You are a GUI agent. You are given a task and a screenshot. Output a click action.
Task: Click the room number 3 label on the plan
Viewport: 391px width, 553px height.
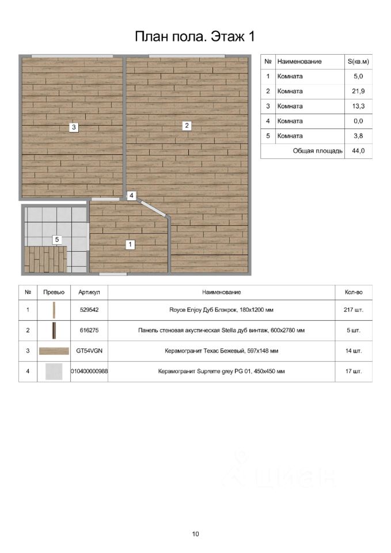(x=74, y=127)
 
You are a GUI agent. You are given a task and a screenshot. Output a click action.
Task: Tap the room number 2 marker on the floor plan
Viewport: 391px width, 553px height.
(x=187, y=125)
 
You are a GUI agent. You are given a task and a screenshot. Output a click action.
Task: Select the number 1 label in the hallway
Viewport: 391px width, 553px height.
(x=131, y=244)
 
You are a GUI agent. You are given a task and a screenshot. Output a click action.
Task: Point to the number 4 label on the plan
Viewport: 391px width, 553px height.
(x=132, y=196)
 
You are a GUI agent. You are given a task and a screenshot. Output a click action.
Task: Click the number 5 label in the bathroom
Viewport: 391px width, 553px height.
(x=56, y=239)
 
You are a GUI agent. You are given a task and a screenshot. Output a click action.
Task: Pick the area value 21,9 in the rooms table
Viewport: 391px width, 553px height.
(x=358, y=91)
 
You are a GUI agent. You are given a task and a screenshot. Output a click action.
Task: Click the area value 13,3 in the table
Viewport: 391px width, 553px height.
(x=358, y=106)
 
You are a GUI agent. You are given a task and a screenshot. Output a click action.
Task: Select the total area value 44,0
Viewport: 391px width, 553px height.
(x=358, y=151)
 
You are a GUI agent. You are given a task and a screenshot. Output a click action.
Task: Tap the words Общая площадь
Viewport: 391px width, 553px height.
(x=318, y=151)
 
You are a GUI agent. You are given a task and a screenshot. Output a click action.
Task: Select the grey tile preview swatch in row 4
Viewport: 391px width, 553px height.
(x=54, y=372)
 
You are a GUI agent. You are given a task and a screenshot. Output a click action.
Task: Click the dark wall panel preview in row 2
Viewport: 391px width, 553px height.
(x=54, y=331)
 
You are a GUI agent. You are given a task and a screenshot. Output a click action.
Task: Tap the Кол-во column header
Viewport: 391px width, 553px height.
(x=354, y=293)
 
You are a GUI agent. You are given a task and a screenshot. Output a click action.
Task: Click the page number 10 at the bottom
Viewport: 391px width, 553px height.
(x=196, y=534)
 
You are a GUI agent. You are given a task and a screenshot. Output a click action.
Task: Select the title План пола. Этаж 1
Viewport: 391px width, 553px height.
(x=195, y=37)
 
